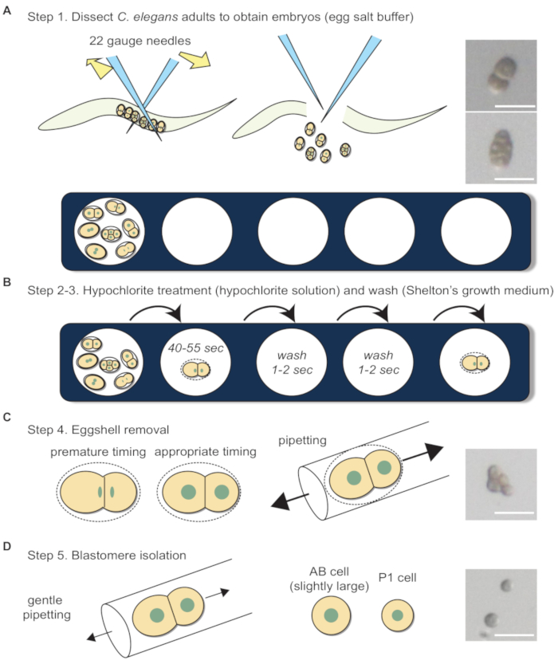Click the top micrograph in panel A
coord(503,75)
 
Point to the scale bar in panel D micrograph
coord(508,636)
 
